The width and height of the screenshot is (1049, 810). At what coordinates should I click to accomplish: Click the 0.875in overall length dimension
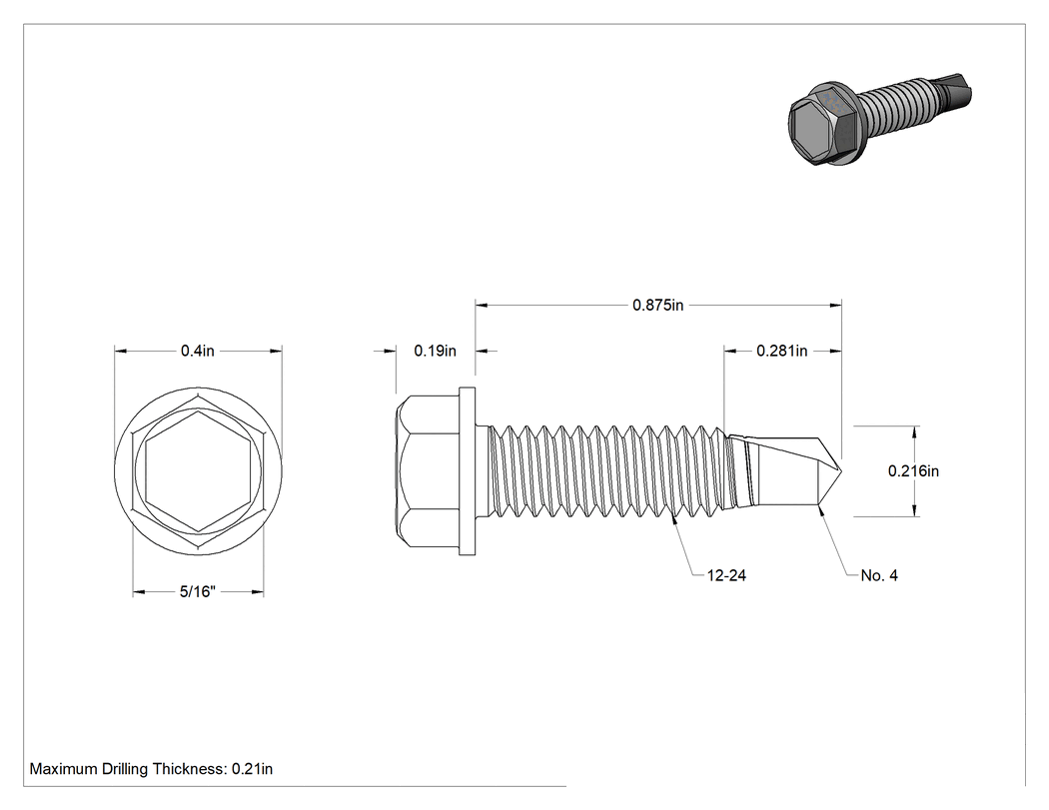point(658,305)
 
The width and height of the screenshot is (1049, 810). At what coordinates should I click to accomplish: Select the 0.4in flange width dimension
point(198,351)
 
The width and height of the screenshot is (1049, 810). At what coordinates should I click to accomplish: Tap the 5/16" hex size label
point(198,591)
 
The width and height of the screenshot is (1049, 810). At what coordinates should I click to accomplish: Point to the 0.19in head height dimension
point(435,351)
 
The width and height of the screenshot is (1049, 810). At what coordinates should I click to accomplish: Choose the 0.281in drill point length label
point(781,351)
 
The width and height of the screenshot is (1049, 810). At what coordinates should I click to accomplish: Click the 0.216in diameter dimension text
point(913,470)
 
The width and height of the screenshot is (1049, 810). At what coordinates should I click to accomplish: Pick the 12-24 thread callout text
point(726,575)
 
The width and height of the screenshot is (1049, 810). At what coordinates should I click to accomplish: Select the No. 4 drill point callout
point(879,575)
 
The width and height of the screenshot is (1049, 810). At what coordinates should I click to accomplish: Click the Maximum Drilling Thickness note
point(151,768)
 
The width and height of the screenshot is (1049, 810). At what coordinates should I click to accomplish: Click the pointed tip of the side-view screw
point(841,470)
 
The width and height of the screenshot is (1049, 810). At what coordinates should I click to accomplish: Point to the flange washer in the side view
point(467,470)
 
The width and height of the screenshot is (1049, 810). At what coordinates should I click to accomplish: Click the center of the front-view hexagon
point(198,470)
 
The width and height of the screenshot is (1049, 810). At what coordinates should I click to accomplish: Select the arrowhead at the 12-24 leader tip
point(674,517)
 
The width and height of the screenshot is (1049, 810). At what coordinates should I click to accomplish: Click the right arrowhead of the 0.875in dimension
point(835,305)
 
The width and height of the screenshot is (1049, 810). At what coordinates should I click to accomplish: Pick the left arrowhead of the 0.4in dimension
point(121,351)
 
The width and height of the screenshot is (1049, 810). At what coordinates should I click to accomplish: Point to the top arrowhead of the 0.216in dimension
point(914,431)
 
